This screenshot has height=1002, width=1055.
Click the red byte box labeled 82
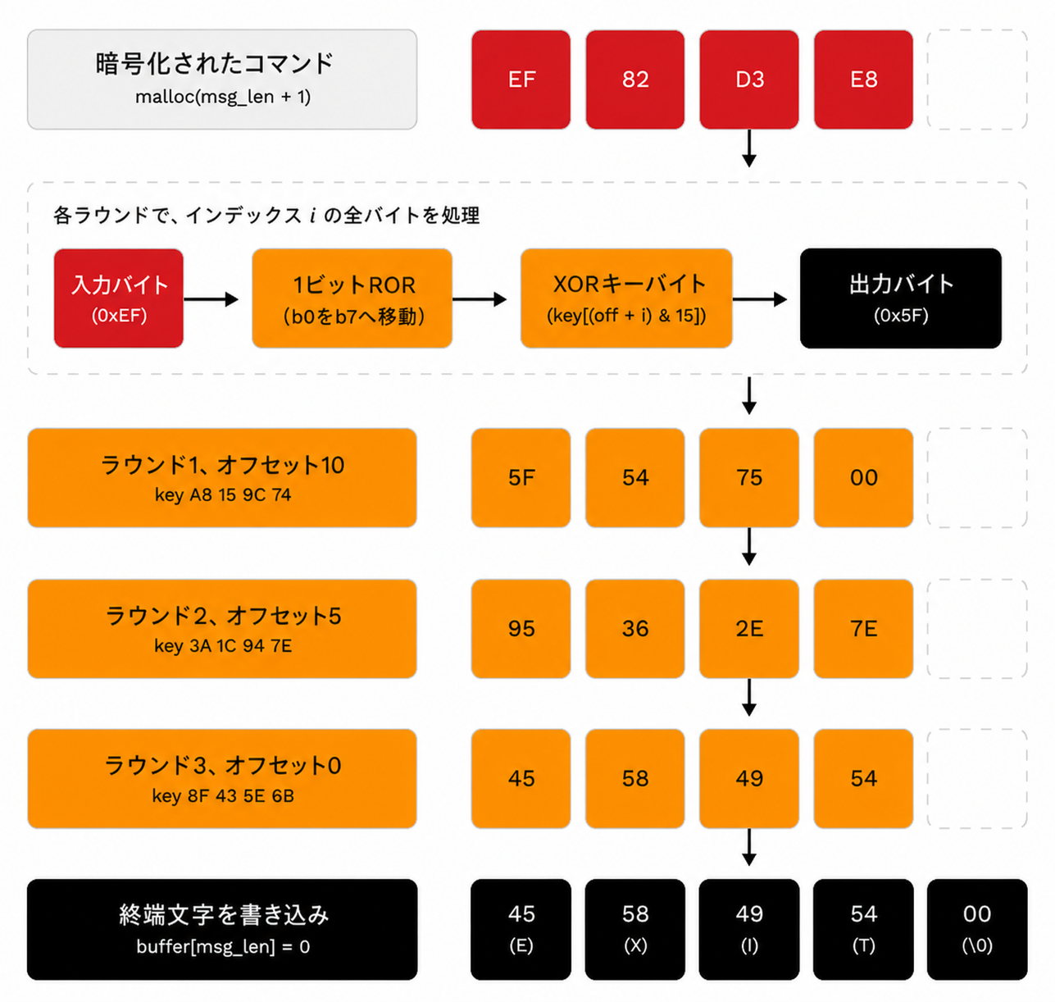click(x=634, y=80)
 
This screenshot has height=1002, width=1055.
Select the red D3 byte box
click(x=748, y=80)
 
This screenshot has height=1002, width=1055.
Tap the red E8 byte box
click(x=863, y=80)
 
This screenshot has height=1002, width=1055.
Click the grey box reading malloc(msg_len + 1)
click(x=222, y=80)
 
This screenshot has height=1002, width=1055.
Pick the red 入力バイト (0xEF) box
click(x=119, y=298)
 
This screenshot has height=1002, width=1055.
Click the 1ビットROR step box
click(x=352, y=298)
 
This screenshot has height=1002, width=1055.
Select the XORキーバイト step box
click(x=626, y=298)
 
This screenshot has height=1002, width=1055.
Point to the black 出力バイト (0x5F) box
click(x=900, y=298)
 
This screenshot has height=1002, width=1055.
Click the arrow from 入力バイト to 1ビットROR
click(x=211, y=299)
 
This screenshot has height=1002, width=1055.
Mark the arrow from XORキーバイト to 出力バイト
click(x=760, y=299)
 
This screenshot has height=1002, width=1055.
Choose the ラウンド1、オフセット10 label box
click(x=222, y=478)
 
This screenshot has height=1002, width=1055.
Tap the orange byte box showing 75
click(x=748, y=478)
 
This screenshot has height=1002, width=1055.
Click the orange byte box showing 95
click(x=521, y=629)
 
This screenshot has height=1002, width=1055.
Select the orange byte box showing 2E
click(x=748, y=629)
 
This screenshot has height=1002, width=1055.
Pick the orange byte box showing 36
click(x=634, y=629)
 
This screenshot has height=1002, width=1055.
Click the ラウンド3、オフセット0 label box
click(x=222, y=779)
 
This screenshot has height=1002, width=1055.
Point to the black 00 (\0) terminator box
click(x=977, y=930)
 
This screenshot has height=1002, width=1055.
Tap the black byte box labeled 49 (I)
click(x=748, y=930)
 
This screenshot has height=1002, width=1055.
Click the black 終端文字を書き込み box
click(x=222, y=930)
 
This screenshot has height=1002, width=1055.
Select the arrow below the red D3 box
click(x=749, y=148)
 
